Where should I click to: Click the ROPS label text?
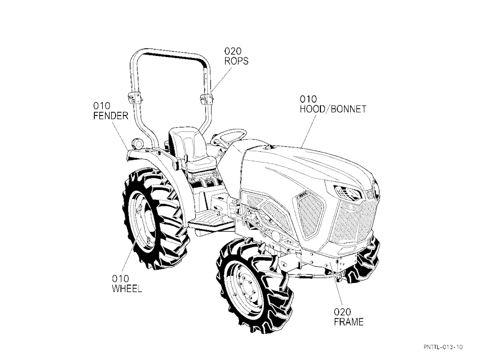tap(236, 61)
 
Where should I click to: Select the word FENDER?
tap(111, 116)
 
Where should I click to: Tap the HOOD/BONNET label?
tap(333, 109)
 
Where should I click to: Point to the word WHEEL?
tap(127, 289)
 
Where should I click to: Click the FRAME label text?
tap(349, 322)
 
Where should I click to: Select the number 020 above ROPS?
tap(233, 51)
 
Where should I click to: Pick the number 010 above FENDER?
tap(102, 106)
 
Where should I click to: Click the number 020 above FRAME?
tap(342, 312)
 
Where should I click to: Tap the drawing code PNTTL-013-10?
tap(443, 347)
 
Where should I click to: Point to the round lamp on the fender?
tap(138, 144)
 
